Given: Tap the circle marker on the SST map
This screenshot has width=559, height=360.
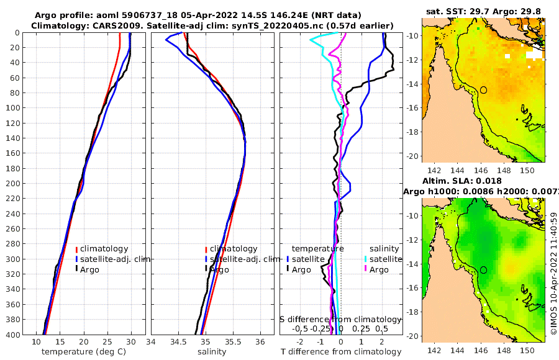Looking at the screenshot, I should point(483,90).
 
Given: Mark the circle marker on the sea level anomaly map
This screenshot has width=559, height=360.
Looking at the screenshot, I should point(483,270).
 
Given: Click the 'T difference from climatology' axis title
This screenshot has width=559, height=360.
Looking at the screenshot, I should point(342,352).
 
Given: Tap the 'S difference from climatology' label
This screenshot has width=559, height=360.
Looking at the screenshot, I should point(340,319).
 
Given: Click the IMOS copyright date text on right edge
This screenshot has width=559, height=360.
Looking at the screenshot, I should point(553,273).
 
